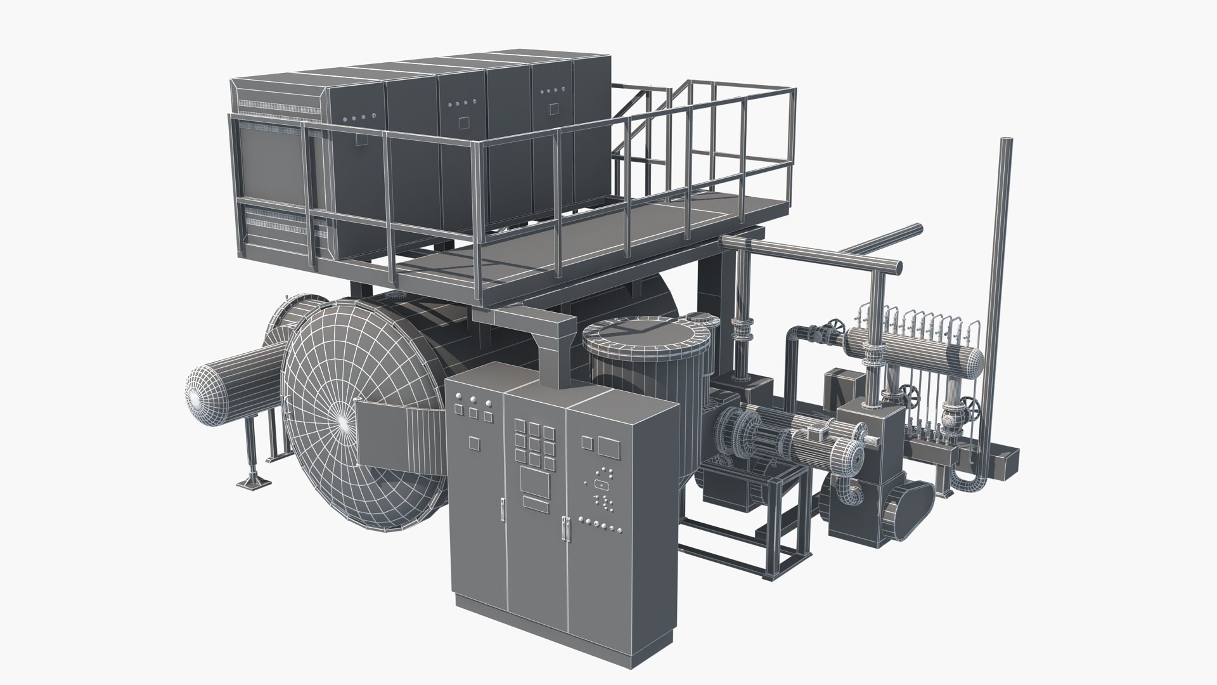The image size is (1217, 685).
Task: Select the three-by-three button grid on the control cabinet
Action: click(534, 442)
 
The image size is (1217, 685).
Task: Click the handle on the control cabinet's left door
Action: click(501, 509)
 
